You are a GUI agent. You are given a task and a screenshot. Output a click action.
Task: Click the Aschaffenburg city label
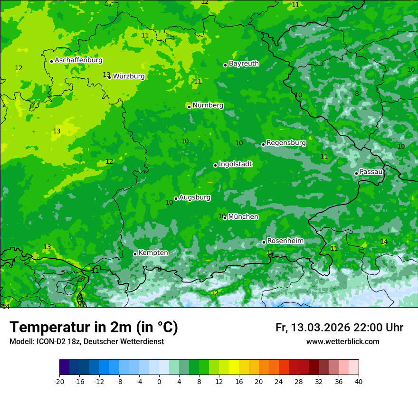click(x=78, y=60)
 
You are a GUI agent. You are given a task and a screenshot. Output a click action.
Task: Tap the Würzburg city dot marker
click(x=109, y=77)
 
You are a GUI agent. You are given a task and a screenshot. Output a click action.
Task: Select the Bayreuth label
click(x=244, y=63)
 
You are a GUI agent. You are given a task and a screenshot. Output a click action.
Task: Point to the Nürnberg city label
click(x=208, y=105)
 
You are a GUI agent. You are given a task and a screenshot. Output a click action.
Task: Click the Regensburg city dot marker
click(x=263, y=144)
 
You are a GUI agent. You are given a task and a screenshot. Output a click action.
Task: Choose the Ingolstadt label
click(x=235, y=164)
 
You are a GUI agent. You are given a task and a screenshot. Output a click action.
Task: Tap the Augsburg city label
click(x=195, y=197)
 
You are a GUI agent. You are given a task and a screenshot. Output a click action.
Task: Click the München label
click(x=243, y=216)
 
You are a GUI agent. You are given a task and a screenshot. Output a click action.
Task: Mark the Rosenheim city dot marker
click(x=264, y=243)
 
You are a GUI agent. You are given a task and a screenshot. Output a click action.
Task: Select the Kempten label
click(x=153, y=253)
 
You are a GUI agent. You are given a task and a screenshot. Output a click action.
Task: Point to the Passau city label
click(x=371, y=172)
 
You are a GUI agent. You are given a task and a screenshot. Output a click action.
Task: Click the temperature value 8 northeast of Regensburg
click(x=357, y=94)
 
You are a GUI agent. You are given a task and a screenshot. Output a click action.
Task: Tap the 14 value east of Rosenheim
click(x=384, y=242)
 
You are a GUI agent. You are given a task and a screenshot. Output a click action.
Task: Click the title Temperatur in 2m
click(x=94, y=327)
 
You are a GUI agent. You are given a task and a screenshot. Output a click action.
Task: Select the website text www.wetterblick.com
click(x=342, y=341)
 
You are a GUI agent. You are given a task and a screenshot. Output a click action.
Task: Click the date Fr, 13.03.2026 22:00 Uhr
click(x=339, y=328)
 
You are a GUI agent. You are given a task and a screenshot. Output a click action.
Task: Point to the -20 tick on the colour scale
click(x=59, y=381)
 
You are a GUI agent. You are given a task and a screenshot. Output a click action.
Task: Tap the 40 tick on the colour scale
click(x=358, y=381)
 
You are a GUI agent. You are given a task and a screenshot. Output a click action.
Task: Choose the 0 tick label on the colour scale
click(x=159, y=381)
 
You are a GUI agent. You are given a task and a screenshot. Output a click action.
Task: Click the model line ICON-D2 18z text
click(x=86, y=341)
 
